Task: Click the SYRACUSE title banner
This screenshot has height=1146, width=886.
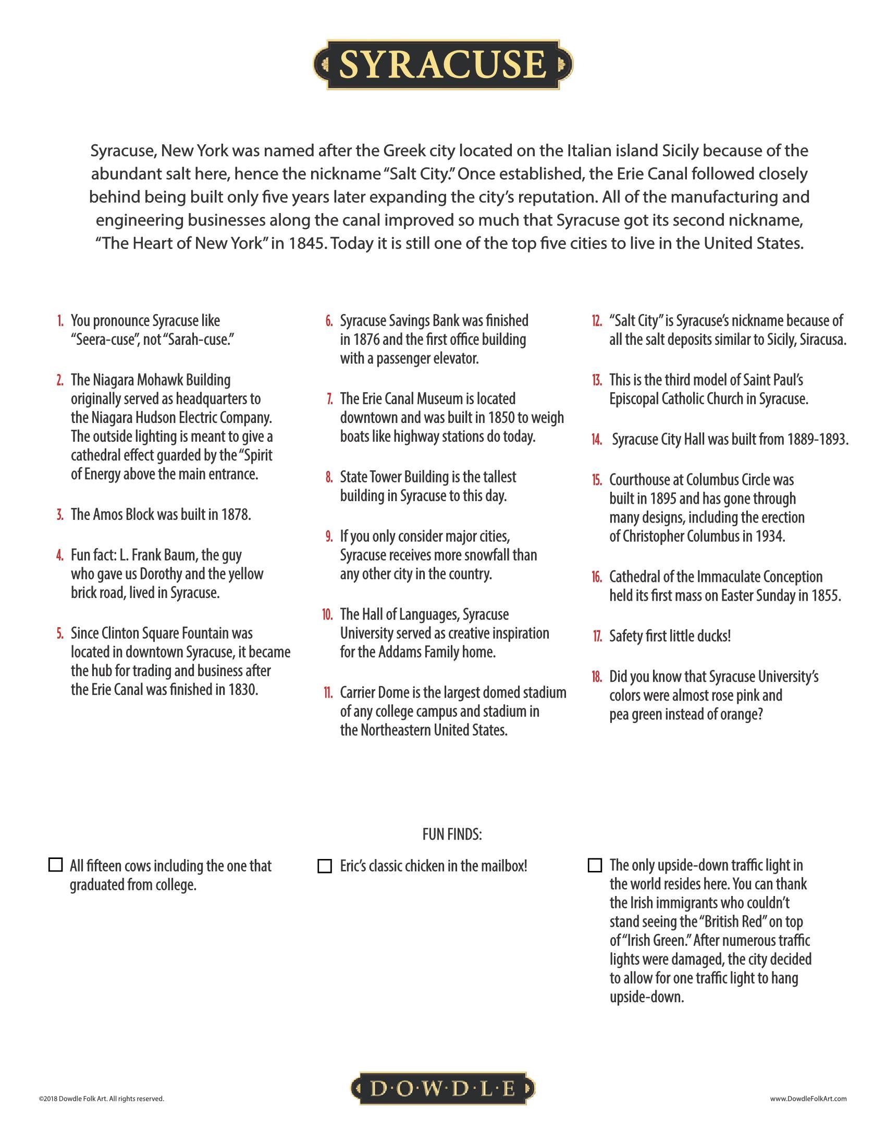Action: [x=442, y=64]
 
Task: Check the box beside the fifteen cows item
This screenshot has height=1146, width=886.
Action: [x=55, y=865]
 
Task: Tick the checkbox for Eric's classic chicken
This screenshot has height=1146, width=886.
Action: [x=325, y=866]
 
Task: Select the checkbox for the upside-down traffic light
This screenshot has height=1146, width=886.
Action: [x=595, y=865]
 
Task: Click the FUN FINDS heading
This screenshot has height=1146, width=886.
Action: [x=452, y=834]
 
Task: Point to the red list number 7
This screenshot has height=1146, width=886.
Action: [x=329, y=399]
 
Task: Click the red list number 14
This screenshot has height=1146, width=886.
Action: [x=597, y=440]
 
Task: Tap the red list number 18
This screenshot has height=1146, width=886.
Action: [x=597, y=677]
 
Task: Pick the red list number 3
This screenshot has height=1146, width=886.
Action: [x=60, y=515]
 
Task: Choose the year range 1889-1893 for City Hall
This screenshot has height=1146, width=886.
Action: [x=817, y=439]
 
